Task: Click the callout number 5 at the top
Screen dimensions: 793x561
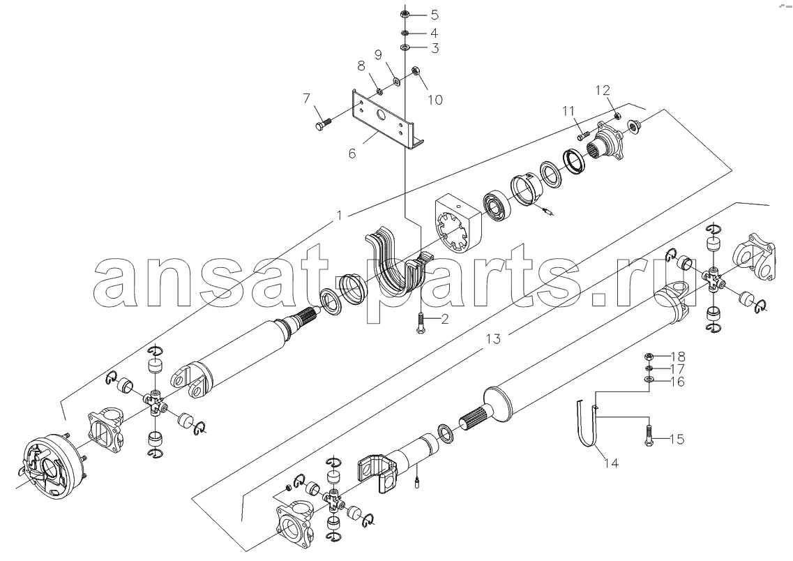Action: tap(434, 14)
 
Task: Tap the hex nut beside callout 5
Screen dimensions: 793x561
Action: tap(406, 14)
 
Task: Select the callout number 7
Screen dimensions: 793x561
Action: tap(306, 98)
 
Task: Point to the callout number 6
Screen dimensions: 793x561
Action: tap(352, 153)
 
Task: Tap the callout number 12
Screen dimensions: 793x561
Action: tap(603, 91)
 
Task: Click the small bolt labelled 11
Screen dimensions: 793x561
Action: tap(583, 135)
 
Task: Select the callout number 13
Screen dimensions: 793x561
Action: tap(493, 338)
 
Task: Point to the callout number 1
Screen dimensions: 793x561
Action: tap(340, 216)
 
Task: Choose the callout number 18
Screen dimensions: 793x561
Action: tap(677, 356)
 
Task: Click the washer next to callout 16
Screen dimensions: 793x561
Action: tap(649, 380)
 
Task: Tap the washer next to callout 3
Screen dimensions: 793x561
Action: tap(406, 48)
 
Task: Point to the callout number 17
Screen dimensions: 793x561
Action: tap(677, 369)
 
